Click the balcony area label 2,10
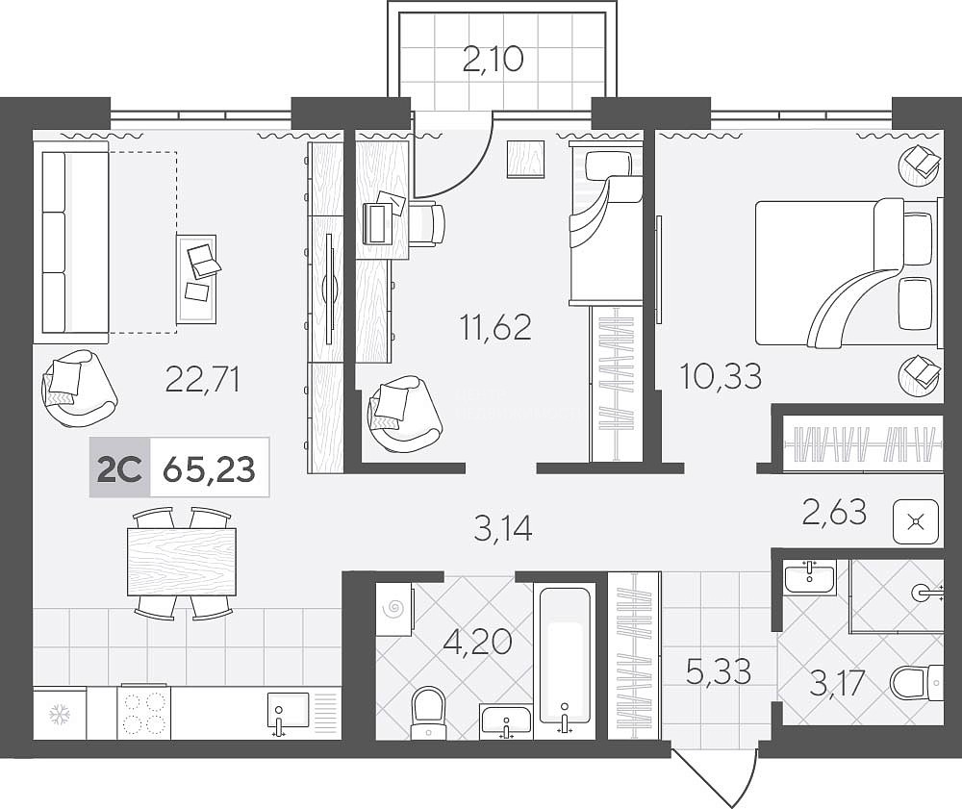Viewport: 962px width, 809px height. tap(494, 60)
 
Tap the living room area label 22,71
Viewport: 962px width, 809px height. tap(202, 379)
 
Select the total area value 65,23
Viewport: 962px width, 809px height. tap(209, 469)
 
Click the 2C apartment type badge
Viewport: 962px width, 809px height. tap(120, 469)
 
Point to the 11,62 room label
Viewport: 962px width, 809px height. tap(495, 327)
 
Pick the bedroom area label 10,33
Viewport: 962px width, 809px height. tap(721, 376)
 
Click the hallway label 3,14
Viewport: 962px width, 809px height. tap(503, 528)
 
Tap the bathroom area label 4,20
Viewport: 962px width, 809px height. tap(478, 643)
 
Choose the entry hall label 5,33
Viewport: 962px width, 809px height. tap(719, 671)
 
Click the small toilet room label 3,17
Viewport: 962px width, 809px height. tap(838, 683)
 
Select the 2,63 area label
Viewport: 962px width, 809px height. tap(834, 512)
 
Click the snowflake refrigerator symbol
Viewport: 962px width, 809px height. tap(60, 714)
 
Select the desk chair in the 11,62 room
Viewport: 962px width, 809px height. tap(426, 225)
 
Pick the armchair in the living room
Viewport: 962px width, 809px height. tap(79, 389)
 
